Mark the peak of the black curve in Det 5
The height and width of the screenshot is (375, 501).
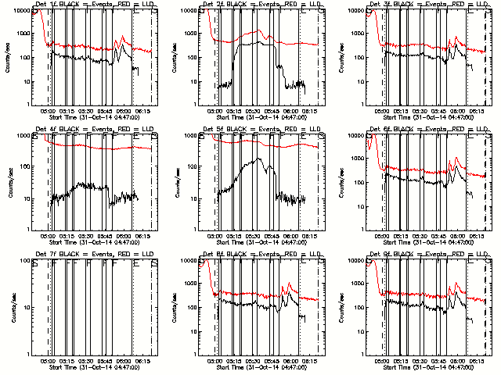(x=259, y=159)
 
